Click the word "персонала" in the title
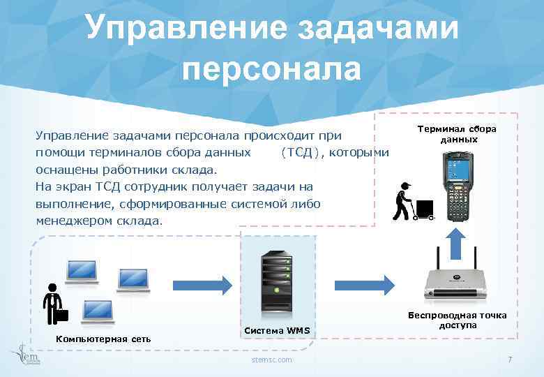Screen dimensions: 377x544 point(272,70)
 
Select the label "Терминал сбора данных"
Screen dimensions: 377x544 point(458,134)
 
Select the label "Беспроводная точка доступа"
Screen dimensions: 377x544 point(458,320)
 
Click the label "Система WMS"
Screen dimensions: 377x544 point(277,330)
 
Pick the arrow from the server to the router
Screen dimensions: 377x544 point(363,284)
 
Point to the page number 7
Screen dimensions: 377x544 point(510,360)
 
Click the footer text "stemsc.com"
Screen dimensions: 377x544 point(272,360)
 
